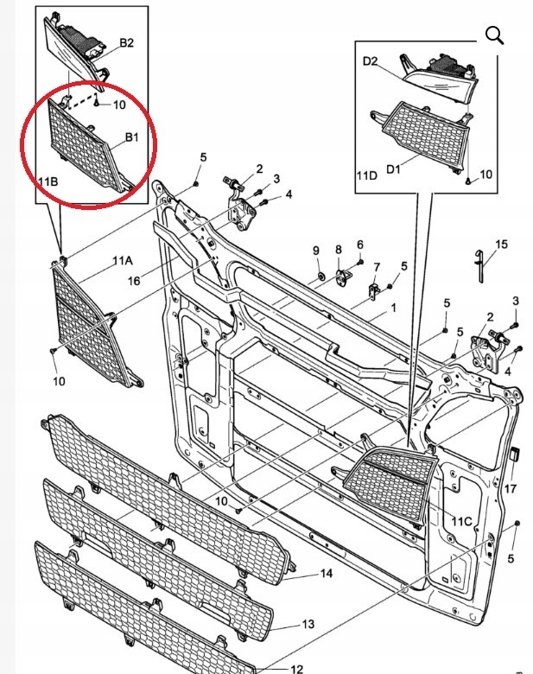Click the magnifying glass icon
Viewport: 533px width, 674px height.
(x=494, y=35)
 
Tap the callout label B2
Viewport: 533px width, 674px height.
(x=127, y=42)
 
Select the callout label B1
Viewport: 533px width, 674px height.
(x=133, y=137)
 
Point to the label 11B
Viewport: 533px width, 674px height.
(x=48, y=181)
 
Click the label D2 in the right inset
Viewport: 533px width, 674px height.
(x=371, y=61)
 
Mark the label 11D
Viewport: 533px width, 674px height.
(x=367, y=175)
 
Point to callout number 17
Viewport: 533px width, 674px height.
(x=511, y=488)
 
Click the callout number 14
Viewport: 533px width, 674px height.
(x=326, y=573)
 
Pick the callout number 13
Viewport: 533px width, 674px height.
(x=308, y=623)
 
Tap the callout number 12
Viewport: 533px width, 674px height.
(x=296, y=668)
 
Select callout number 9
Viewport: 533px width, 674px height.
(x=316, y=251)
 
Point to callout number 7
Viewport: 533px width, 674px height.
(x=377, y=268)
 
